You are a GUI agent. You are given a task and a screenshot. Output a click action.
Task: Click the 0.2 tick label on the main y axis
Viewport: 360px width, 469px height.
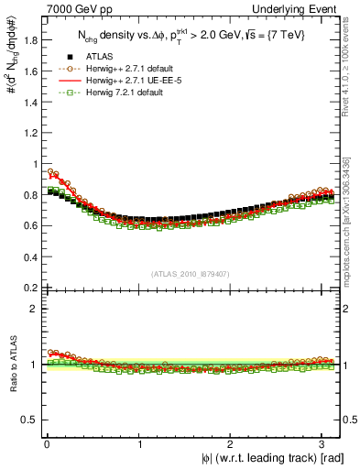[x=29, y=288]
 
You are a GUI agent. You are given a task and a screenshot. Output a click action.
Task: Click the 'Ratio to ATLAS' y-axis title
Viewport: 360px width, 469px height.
[x=10, y=365]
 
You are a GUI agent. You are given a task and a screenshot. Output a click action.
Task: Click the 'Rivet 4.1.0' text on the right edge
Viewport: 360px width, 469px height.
[x=349, y=82]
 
